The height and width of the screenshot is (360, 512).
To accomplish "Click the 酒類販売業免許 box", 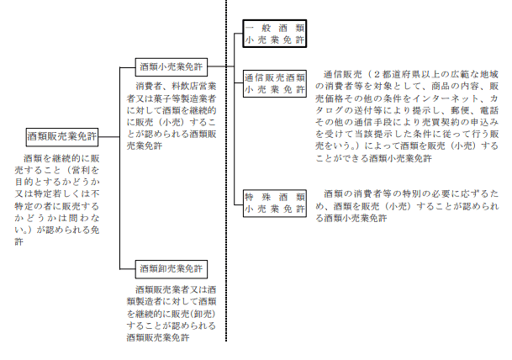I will pos(62,135).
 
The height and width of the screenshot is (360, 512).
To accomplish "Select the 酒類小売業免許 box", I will pos(172,66).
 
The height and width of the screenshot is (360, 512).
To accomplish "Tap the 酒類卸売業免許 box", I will pos(172,269).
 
